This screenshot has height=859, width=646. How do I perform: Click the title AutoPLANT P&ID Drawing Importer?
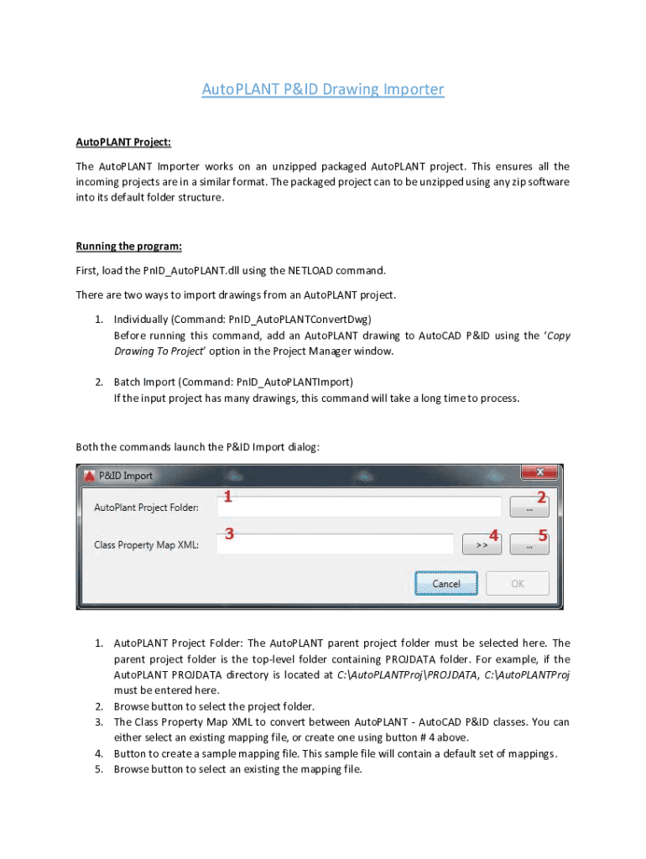322,89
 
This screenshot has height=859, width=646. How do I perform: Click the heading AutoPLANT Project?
123,143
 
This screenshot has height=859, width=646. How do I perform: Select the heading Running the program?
128,246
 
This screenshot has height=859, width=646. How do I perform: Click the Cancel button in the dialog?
446,583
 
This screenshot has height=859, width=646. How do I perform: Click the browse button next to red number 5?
529,545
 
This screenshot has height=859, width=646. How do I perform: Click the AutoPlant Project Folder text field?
359,508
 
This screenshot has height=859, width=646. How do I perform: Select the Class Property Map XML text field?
336,544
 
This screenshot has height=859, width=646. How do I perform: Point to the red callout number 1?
227,497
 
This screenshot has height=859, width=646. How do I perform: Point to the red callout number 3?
228,534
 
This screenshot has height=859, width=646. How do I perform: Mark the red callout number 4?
494,534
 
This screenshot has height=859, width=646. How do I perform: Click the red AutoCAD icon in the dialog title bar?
89,476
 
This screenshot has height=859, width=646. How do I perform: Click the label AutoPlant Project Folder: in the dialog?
146,508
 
